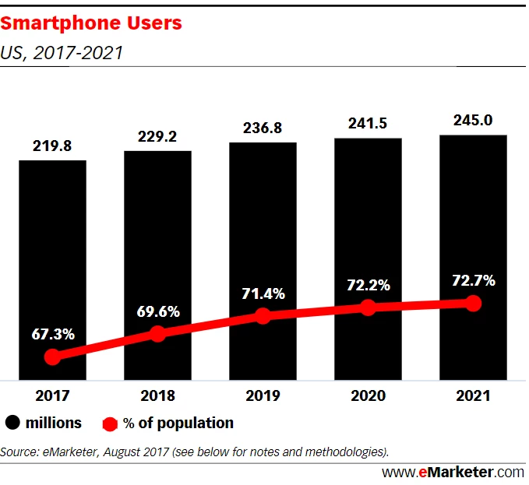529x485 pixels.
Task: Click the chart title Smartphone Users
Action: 91,23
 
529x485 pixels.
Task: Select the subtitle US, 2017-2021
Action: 62,54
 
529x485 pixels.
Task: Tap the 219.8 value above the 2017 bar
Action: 52,146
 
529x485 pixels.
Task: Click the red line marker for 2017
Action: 52,357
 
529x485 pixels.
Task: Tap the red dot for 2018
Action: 157,334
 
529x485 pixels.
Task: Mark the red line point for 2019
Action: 263,315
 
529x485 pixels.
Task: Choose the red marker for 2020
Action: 368,308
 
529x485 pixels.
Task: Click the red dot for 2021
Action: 472,303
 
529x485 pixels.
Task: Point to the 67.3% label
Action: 52,335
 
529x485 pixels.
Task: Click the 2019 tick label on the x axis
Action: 263,395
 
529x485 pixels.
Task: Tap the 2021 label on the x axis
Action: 473,395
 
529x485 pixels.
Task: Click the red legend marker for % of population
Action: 110,424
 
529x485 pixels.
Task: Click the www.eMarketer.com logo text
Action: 453,472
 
